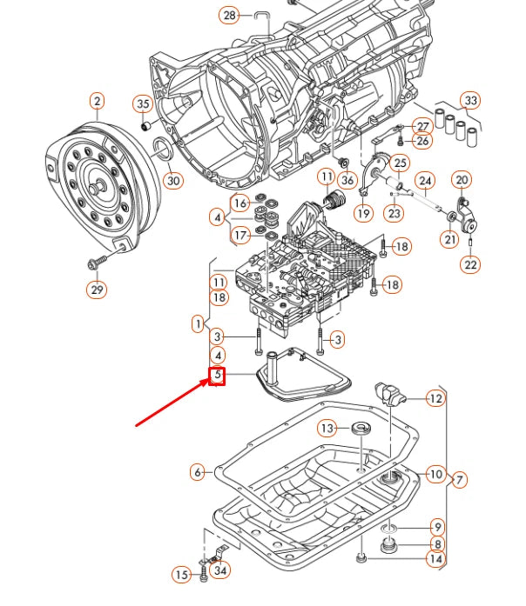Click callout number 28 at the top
[x=229, y=16]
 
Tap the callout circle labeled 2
[x=96, y=103]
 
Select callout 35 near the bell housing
[x=143, y=104]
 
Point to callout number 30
[x=173, y=180]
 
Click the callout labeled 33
[x=470, y=101]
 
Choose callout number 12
[x=435, y=399]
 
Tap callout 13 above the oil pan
[x=327, y=428]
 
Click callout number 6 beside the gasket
[x=198, y=472]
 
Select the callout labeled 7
[x=458, y=479]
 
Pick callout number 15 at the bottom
[x=181, y=575]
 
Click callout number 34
[x=221, y=571]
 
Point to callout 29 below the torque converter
[x=96, y=289]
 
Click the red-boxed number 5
[x=216, y=376]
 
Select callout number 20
[x=462, y=180]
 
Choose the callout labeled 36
[x=347, y=180]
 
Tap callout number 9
[x=435, y=526]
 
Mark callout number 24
[x=424, y=182]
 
